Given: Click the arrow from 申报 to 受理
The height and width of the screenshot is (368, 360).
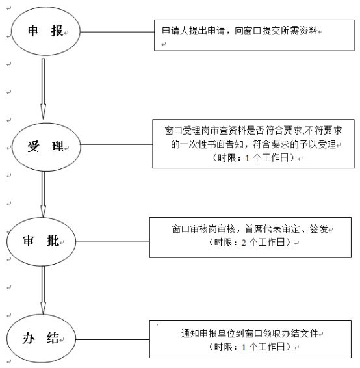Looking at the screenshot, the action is (43, 88).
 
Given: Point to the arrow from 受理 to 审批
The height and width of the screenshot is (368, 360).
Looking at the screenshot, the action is (43, 194).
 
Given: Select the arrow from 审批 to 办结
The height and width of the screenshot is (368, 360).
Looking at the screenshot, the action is (43, 291).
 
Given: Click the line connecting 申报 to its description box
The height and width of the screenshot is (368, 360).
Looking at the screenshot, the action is (117, 32).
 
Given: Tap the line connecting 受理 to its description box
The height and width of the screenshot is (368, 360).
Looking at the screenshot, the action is (116, 144).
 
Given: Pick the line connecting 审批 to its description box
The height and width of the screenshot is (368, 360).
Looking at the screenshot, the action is (113, 241).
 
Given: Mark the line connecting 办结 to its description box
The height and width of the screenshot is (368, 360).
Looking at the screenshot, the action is (113, 339).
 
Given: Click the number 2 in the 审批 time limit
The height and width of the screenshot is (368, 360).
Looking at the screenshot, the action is (244, 243).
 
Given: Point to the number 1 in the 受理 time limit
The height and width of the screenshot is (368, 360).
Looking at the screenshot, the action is (248, 158).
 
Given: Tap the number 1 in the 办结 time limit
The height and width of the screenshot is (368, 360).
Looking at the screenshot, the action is (244, 347).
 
